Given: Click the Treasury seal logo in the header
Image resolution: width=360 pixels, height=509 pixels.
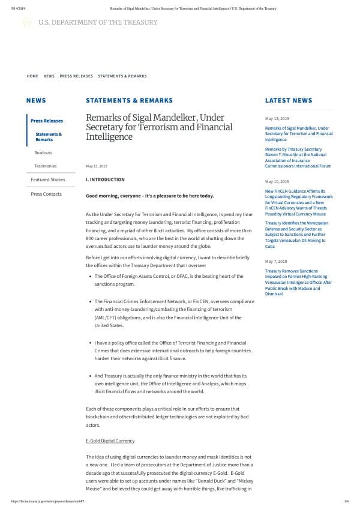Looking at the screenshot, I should tap(26, 22).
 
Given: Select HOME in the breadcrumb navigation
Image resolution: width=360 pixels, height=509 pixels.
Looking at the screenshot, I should tap(32, 76).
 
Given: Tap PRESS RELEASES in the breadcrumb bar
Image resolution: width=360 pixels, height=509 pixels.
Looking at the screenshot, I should tap(76, 76).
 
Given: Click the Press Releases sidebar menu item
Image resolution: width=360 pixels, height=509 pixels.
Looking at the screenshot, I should tap(46, 121).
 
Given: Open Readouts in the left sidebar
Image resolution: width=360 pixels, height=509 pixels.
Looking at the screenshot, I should tap(43, 152).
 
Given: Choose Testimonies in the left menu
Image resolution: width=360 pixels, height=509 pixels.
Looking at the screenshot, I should tap(46, 166).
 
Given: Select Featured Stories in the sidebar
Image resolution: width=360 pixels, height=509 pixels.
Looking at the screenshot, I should tap(47, 179).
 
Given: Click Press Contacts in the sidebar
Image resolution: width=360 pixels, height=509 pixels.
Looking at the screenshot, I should tap(46, 194).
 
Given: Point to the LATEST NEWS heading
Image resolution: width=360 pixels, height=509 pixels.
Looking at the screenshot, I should tap(289, 101).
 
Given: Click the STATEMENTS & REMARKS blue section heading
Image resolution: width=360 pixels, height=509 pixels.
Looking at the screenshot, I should tap(129, 101).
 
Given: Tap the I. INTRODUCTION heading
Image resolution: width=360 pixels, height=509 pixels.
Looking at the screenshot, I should tap(105, 179).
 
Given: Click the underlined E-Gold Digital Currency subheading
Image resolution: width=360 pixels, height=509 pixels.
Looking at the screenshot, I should tap(110, 441).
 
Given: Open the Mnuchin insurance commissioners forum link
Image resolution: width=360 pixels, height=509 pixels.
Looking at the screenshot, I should tap(298, 157).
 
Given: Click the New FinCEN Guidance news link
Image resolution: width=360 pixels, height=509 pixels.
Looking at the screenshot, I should tap(299, 202).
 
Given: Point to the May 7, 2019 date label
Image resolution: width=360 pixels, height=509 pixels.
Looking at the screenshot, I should tap(277, 262).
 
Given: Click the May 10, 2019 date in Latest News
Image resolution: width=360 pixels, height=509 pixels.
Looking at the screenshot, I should tap(277, 181).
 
